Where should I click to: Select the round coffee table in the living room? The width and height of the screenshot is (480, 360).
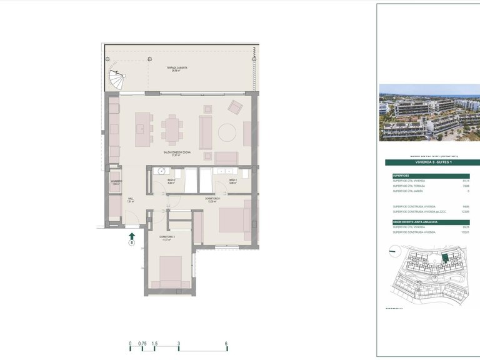226,131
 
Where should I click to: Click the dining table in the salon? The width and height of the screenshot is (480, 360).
172,129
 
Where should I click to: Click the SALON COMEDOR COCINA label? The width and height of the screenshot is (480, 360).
177,153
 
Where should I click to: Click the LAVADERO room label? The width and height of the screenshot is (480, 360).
116,182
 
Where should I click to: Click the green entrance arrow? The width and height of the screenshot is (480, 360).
132,235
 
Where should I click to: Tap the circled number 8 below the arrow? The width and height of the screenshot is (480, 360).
132,243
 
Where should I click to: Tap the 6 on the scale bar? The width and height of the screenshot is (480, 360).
226,344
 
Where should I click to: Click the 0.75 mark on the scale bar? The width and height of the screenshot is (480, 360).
142,344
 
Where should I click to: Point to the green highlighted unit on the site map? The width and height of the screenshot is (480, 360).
445,257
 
